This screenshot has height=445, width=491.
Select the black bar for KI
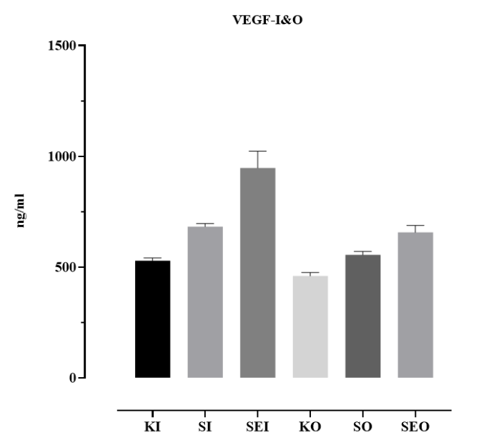coord(152,319)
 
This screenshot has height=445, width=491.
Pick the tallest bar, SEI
coord(258,272)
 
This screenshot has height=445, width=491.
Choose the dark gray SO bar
coord(363,316)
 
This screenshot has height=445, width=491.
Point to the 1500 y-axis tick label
coord(63,46)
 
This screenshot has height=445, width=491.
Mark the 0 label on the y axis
coord(73,378)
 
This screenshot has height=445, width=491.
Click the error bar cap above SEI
coord(258,151)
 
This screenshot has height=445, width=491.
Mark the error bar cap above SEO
coord(415,225)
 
